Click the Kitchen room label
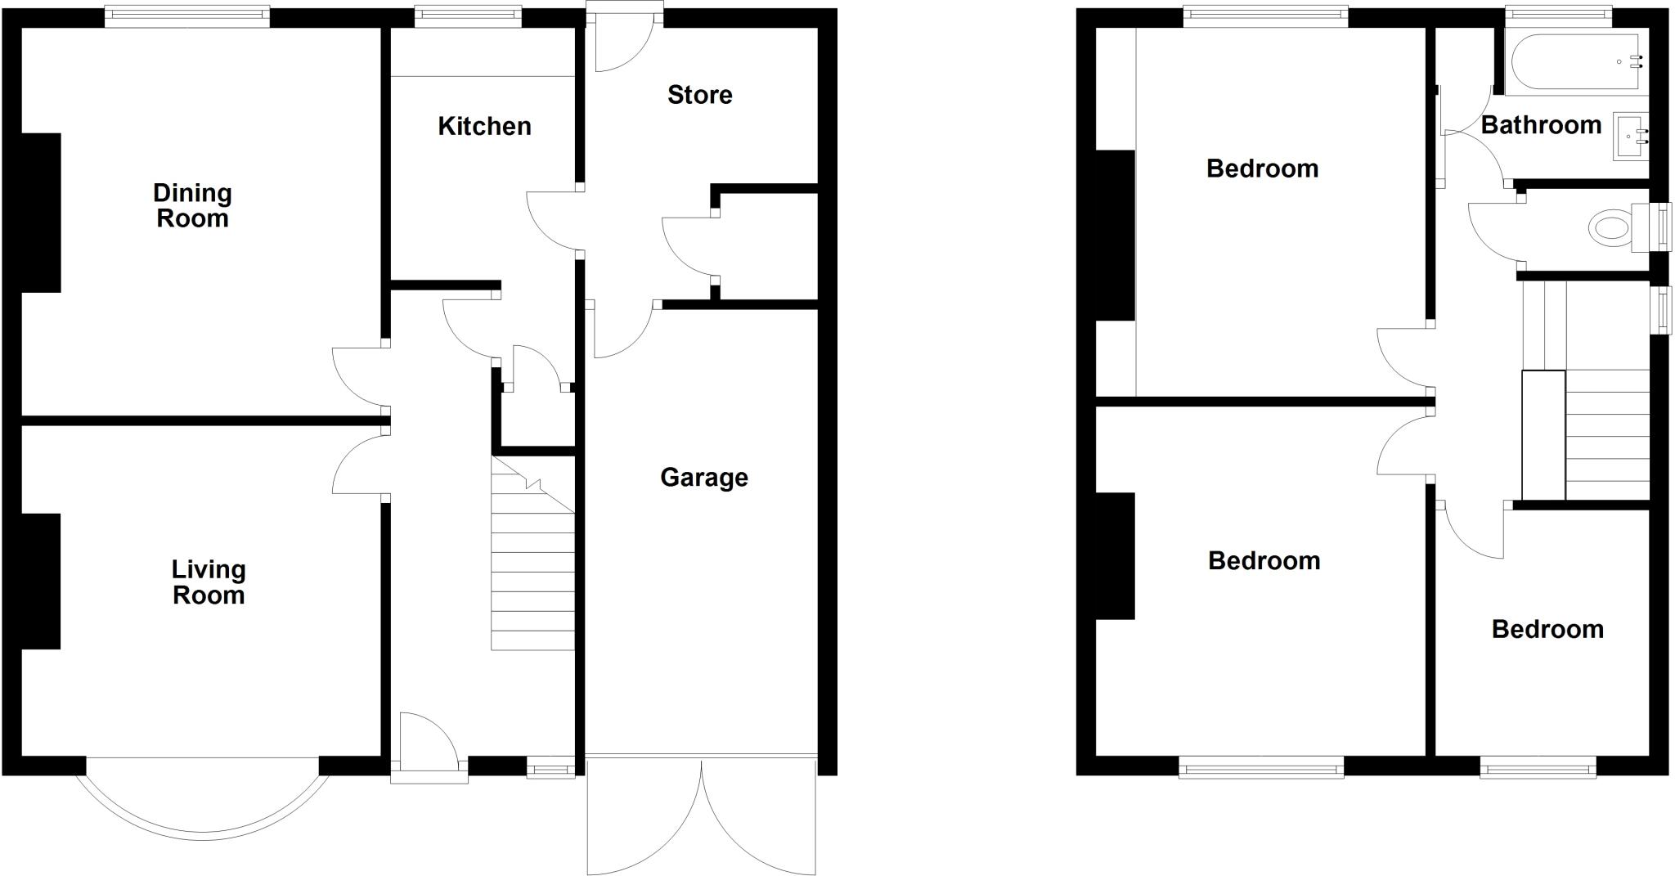tap(484, 126)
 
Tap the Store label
tap(699, 95)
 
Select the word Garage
tap(703, 478)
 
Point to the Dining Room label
tap(192, 206)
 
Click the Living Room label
tap(209, 582)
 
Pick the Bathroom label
tap(1541, 125)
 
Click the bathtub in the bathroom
tap(1575, 61)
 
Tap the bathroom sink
tap(1631, 137)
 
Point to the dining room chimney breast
tap(41, 213)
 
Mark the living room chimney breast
tap(41, 582)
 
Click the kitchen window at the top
tap(468, 16)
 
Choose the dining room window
tap(187, 16)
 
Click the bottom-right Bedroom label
tap(1547, 630)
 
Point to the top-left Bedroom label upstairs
tap(1262, 169)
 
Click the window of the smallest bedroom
tap(1538, 767)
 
